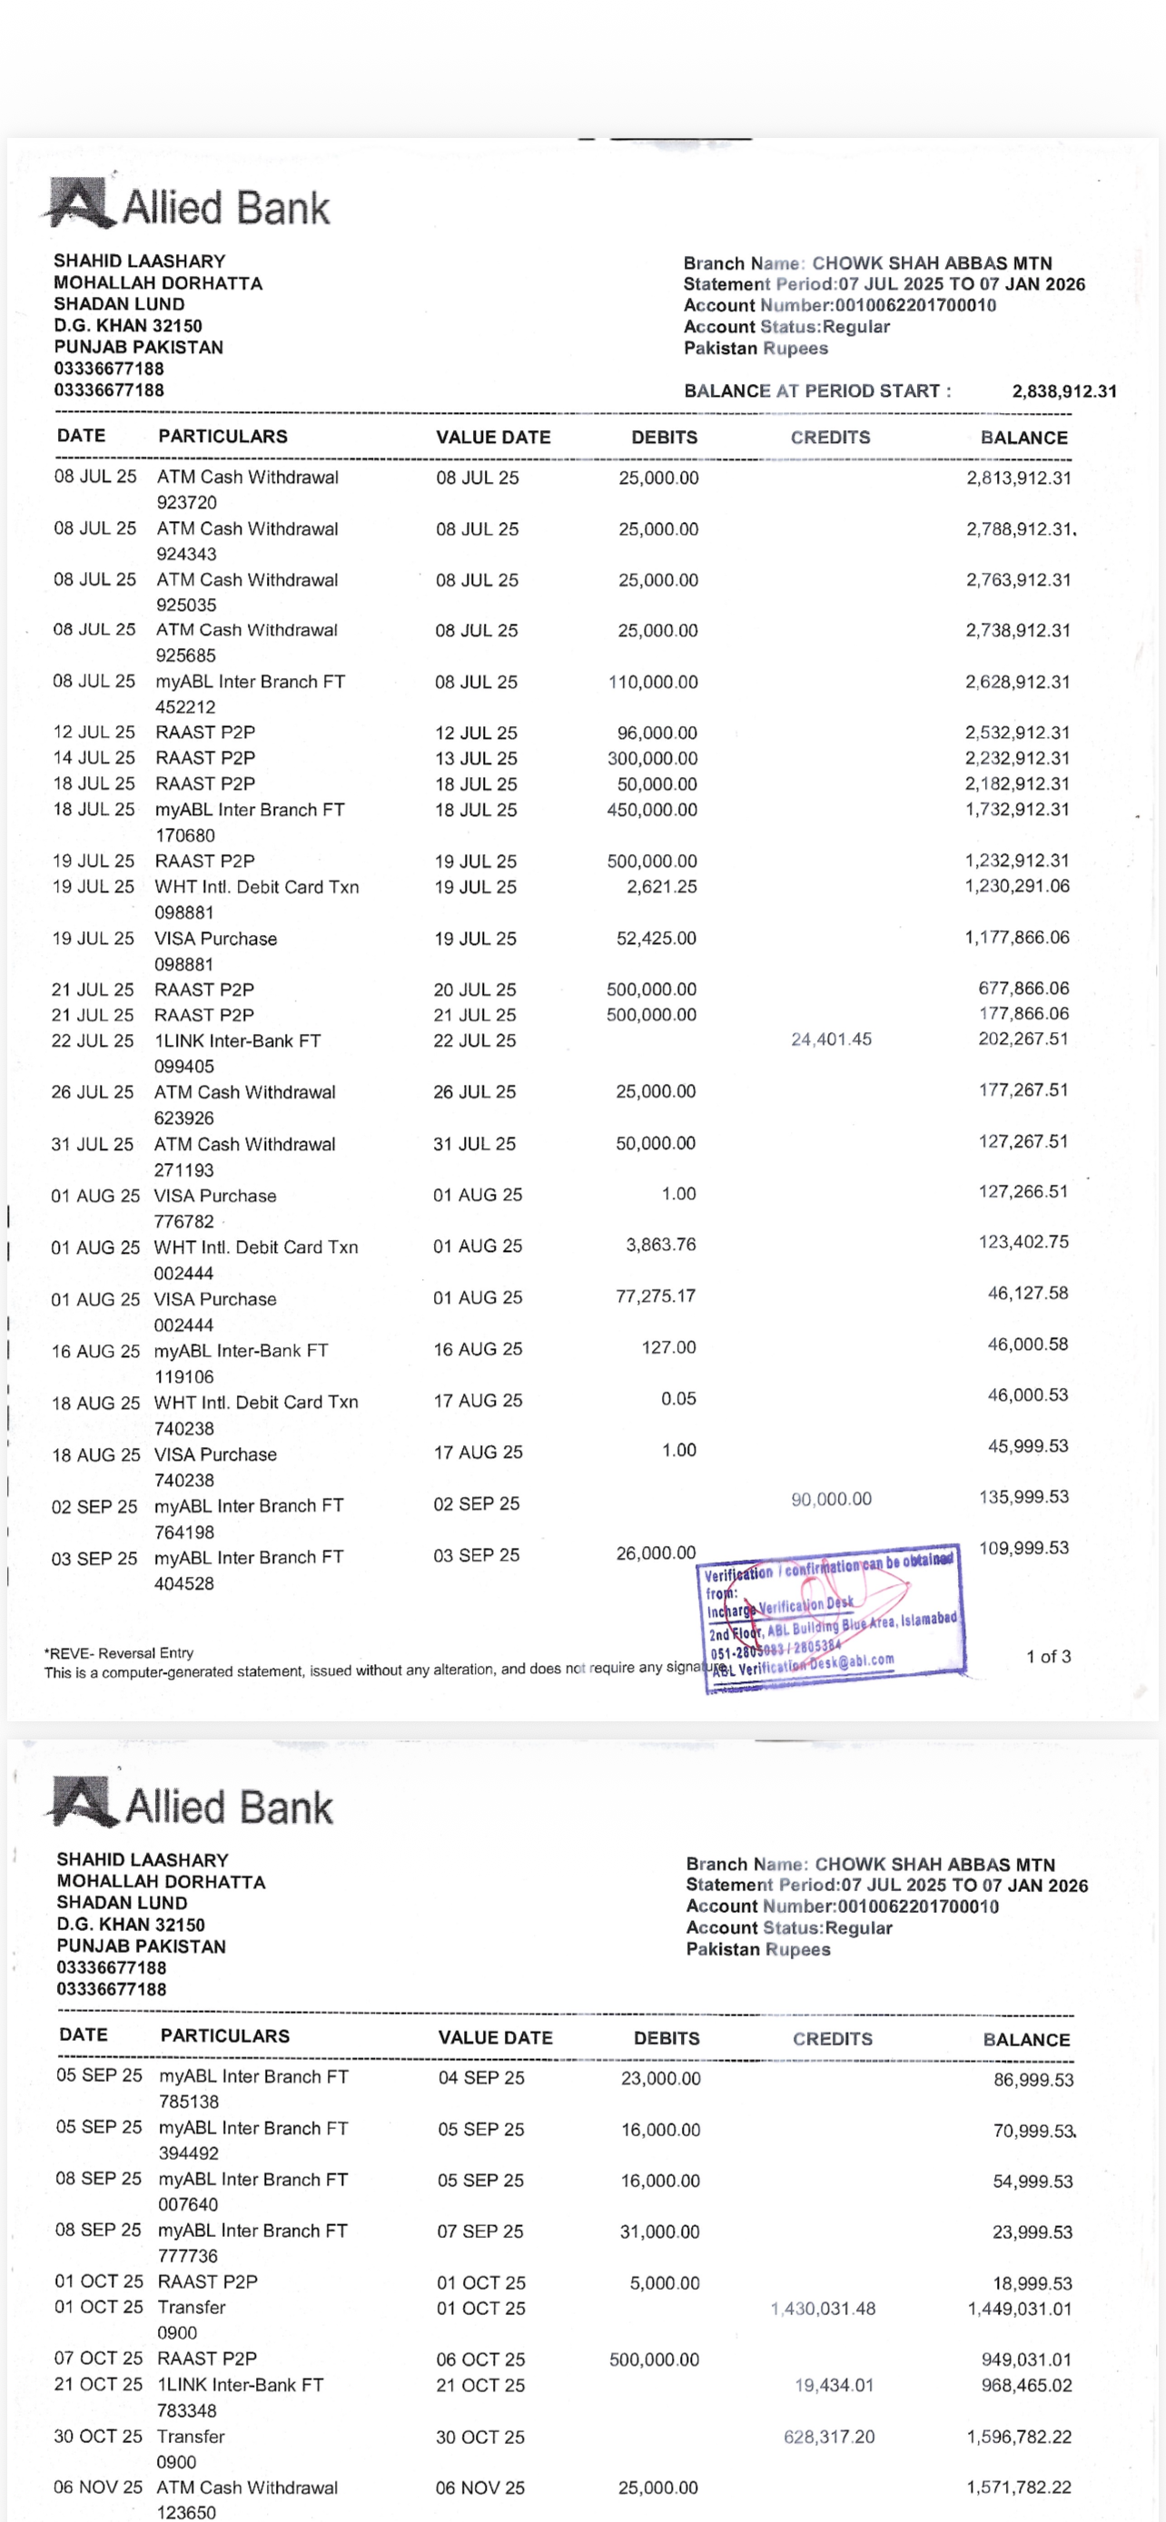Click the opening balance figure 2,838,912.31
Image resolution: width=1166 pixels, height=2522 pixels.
coord(1063,391)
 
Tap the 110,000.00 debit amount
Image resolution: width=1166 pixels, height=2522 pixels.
coord(653,682)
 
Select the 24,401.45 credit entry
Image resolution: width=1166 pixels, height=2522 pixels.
coord(830,1039)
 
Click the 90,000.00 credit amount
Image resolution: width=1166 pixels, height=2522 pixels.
coord(830,1499)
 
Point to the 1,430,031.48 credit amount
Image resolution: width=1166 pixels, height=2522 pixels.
coord(823,2309)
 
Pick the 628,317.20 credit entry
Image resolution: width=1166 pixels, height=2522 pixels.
coord(828,2436)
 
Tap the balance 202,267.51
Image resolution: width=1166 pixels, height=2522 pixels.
coord(1023,1039)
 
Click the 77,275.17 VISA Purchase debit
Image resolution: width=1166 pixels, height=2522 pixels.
coord(655,1296)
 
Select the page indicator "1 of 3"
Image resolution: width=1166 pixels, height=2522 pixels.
coord(1048,1657)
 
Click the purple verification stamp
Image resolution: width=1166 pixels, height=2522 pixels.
coord(830,1610)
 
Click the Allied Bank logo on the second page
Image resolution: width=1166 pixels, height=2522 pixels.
coord(191,1806)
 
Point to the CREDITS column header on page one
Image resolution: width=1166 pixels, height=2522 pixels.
coord(830,438)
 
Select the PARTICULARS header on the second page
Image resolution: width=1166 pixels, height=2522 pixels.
coord(225,2036)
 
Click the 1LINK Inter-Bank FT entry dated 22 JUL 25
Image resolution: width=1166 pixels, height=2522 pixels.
coord(237,1040)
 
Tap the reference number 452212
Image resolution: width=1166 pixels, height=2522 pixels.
coord(186,707)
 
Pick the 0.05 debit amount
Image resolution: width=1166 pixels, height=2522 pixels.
coord(677,1399)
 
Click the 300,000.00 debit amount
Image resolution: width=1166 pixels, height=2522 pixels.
coord(652,759)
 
